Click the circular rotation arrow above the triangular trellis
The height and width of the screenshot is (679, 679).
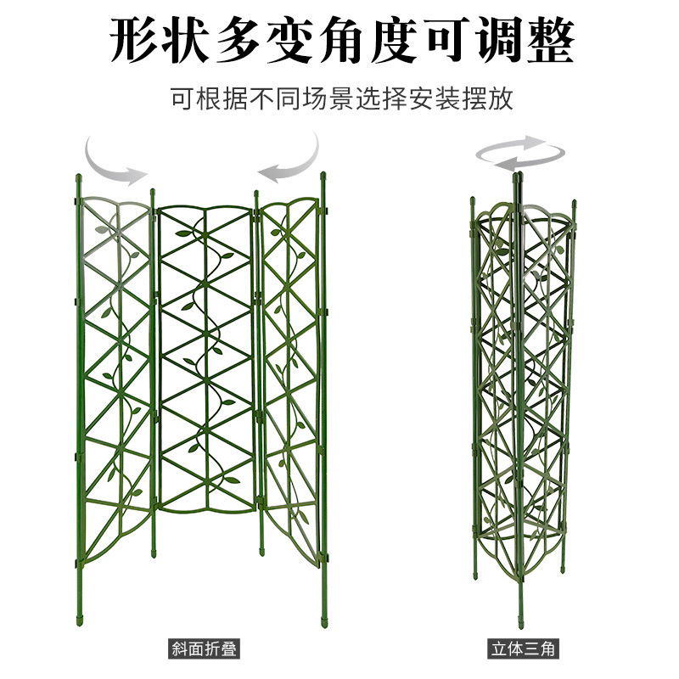point(518,154)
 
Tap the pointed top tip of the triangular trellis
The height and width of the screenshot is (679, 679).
point(518,177)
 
